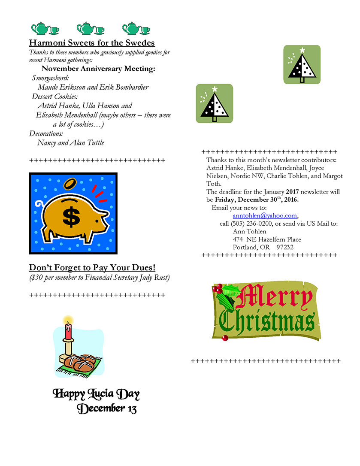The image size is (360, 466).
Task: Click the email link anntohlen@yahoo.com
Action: (265, 216)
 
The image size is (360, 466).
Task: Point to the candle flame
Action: (67, 320)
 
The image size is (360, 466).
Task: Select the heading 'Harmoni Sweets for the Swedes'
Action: (92, 43)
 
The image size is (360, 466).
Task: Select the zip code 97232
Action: (285, 247)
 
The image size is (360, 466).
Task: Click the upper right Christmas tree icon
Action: (302, 65)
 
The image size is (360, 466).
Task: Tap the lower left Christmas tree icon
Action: (214, 103)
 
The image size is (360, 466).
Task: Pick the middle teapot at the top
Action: (86, 29)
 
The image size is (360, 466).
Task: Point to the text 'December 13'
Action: (107, 409)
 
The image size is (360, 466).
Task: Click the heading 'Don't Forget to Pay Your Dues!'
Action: (92, 268)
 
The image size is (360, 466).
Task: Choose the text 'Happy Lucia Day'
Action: (96, 393)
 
